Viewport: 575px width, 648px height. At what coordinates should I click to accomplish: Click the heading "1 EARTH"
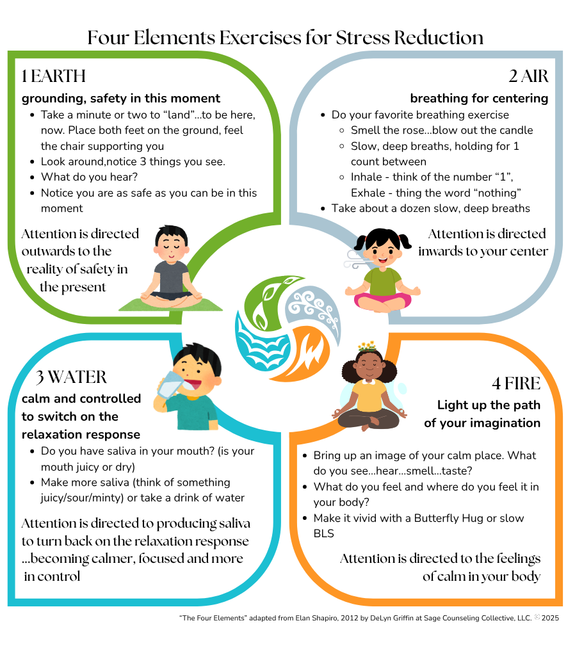(53, 76)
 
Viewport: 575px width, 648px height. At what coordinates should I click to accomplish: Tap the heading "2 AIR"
(528, 76)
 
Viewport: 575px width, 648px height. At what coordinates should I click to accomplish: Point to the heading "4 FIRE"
(516, 384)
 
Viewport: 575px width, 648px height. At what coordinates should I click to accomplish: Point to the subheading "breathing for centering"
(479, 99)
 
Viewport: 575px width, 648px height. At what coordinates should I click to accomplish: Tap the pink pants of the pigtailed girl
(383, 298)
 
